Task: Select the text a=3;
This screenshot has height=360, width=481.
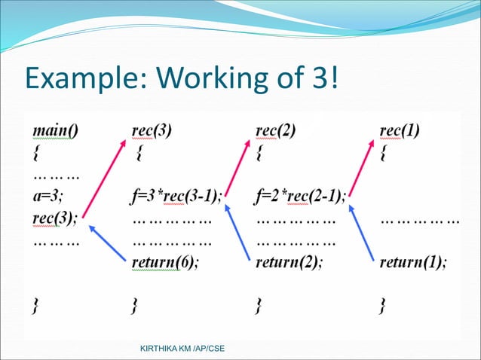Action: click(x=47, y=198)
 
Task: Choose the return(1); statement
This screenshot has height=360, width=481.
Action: click(x=412, y=263)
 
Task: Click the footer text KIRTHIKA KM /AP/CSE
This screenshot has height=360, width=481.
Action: click(x=176, y=348)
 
